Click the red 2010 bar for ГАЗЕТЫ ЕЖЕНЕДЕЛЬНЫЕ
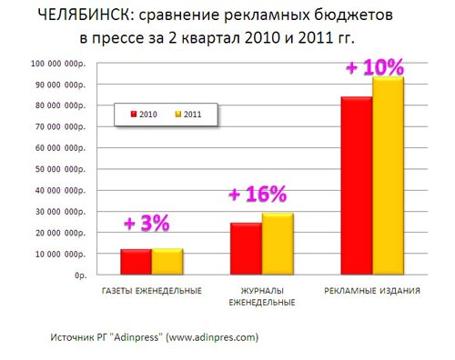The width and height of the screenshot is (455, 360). pos(136,261)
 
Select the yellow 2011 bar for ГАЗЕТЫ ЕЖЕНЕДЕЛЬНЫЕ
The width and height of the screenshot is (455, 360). pos(167,261)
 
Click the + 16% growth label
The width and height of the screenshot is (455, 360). pos(258,194)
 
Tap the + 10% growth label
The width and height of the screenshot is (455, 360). pos(374,67)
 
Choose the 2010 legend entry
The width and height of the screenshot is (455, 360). pos(146,115)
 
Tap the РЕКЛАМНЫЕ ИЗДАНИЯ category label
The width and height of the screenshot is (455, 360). pos(371,291)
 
